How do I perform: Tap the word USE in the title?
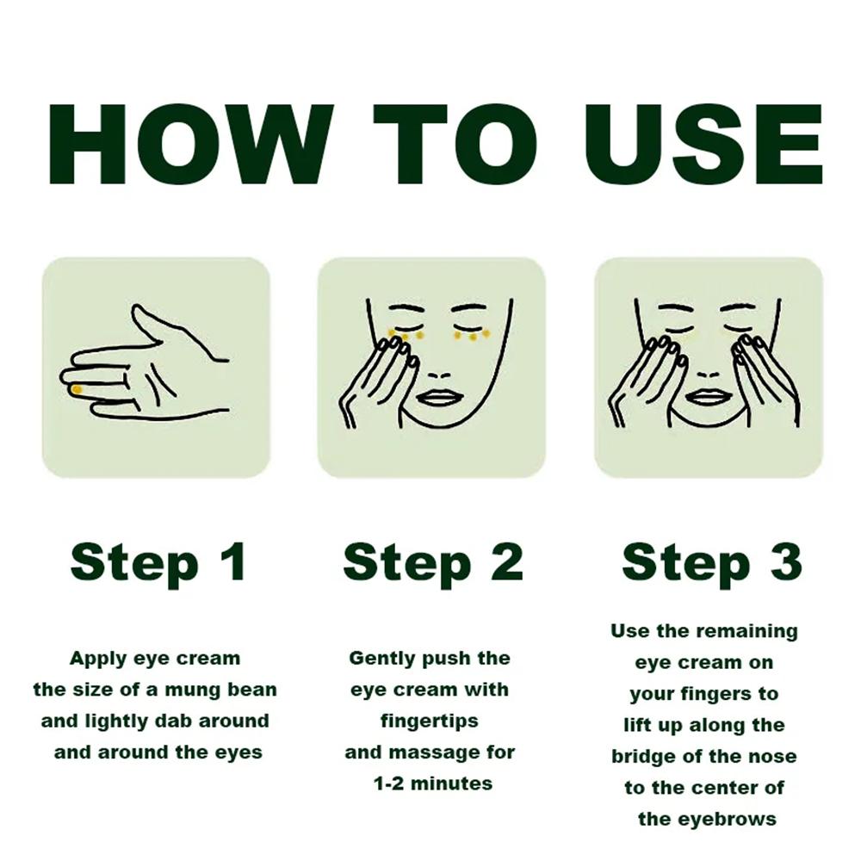[x=703, y=145]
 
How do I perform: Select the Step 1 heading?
[x=158, y=562]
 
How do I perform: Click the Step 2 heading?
[x=433, y=562]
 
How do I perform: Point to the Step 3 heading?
[x=712, y=562]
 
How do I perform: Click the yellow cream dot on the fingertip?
[x=77, y=389]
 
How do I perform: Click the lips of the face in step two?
[x=437, y=397]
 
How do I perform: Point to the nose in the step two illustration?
[x=438, y=375]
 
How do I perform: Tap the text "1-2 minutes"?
[x=433, y=784]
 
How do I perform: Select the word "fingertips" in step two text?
[x=430, y=721]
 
